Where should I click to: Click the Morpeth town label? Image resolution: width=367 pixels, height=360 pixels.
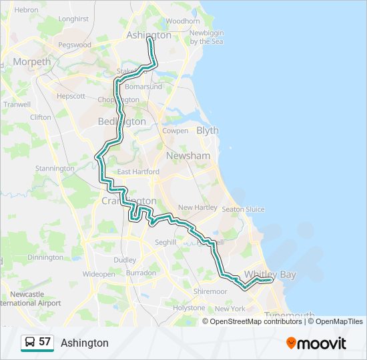pyautogui.click(x=31, y=62)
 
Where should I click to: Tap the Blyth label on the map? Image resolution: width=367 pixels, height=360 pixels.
pyautogui.click(x=208, y=131)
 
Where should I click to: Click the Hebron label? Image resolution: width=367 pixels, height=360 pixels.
pyautogui.click(x=26, y=10)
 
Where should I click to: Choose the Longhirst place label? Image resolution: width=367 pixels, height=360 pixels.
pyautogui.click(x=73, y=19)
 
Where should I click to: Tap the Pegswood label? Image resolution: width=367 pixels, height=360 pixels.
pyautogui.click(x=75, y=45)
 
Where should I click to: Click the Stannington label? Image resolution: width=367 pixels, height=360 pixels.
pyautogui.click(x=55, y=169)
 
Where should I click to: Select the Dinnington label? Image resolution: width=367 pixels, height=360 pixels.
pyautogui.click(x=45, y=257)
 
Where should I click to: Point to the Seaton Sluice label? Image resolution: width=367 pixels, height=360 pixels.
pyautogui.click(x=243, y=209)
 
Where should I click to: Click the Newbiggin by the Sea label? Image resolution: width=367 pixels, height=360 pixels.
pyautogui.click(x=206, y=37)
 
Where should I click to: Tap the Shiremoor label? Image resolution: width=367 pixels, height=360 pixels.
pyautogui.click(x=210, y=291)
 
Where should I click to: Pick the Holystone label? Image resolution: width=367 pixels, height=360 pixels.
pyautogui.click(x=189, y=308)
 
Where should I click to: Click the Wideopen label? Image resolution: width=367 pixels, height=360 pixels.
pyautogui.click(x=99, y=273)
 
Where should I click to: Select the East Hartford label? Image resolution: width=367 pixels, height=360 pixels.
pyautogui.click(x=138, y=171)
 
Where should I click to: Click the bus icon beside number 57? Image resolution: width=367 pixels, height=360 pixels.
pyautogui.click(x=30, y=343)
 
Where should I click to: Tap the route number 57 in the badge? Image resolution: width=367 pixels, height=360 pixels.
pyautogui.click(x=45, y=342)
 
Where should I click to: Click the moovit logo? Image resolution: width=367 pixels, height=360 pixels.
pyautogui.click(x=316, y=343)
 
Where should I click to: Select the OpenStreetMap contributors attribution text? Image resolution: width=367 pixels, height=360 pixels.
pyautogui.click(x=256, y=321)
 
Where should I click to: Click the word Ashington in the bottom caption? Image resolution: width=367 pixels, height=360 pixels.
pyautogui.click(x=84, y=343)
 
